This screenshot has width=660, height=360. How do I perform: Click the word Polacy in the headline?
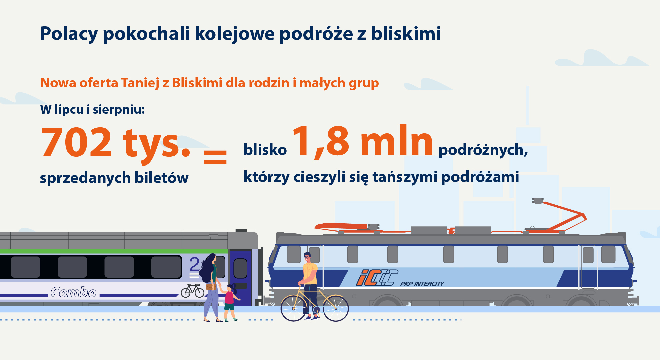69,34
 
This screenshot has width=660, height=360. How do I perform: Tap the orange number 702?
76,142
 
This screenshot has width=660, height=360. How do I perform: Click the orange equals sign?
215,157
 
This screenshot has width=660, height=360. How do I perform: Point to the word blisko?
265,150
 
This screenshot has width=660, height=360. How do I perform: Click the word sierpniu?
119,110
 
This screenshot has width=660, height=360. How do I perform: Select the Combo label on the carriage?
74,292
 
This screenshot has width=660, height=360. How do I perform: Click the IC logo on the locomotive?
377,278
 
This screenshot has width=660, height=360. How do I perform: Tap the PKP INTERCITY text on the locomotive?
422,284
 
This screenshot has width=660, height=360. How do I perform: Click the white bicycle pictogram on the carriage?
192,291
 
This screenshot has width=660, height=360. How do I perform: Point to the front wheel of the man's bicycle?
336,309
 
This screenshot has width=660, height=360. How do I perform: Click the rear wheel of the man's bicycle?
294,309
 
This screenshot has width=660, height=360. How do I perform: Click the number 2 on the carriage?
194,264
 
